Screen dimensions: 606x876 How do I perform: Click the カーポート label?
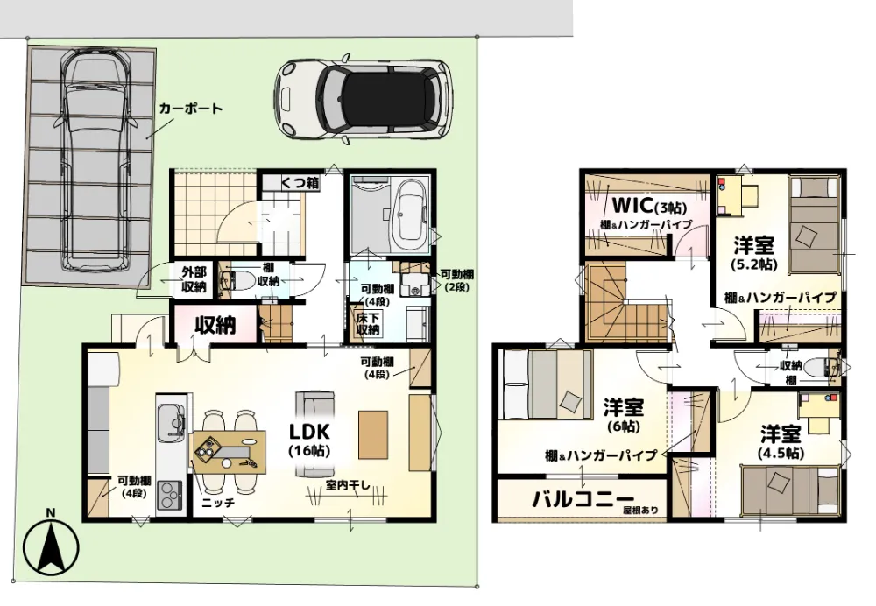(190, 109)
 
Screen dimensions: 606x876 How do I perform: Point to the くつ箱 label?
(300, 183)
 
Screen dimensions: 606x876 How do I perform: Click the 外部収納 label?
(194, 278)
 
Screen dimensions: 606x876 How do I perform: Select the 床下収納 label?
(367, 323)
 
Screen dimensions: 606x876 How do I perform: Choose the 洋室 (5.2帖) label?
(753, 251)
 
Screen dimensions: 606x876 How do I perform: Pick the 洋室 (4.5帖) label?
(779, 442)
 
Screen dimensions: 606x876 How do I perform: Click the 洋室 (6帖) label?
(624, 415)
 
